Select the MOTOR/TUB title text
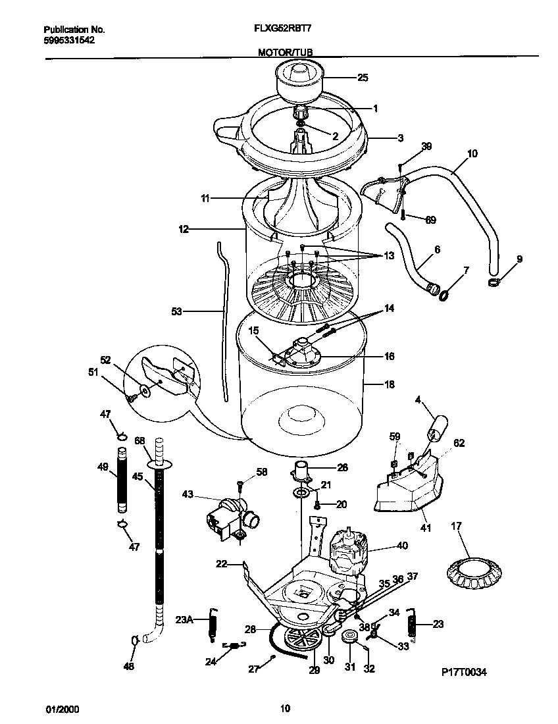point(286,51)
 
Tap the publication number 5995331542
point(68,40)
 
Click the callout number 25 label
point(362,78)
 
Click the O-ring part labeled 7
point(444,292)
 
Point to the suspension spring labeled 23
point(411,623)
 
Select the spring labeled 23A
point(212,623)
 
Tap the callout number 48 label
point(129,666)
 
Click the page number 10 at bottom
point(285,709)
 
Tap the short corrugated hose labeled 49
point(121,480)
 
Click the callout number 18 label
point(389,384)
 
